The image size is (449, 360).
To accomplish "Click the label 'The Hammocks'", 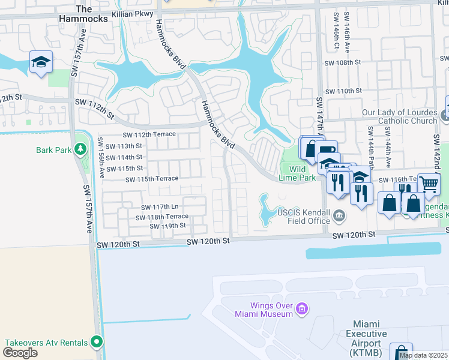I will [x=83, y=13].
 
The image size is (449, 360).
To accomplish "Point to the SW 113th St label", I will [x=124, y=146].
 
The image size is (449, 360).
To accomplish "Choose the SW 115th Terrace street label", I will [x=152, y=179].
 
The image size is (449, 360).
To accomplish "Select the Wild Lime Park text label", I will [x=297, y=173].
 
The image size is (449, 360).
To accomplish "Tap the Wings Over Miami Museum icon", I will [x=302, y=310].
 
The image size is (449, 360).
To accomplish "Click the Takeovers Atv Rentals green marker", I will [x=96, y=343].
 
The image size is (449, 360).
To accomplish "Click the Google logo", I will [x=19, y=353].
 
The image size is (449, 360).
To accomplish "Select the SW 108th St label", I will [x=343, y=62].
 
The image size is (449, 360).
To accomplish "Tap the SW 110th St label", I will [x=343, y=91].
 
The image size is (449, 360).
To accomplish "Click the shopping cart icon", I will [x=429, y=184].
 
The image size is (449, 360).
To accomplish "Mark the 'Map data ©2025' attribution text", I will [x=423, y=355].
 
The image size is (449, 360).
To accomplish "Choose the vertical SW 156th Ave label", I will [x=101, y=158].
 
